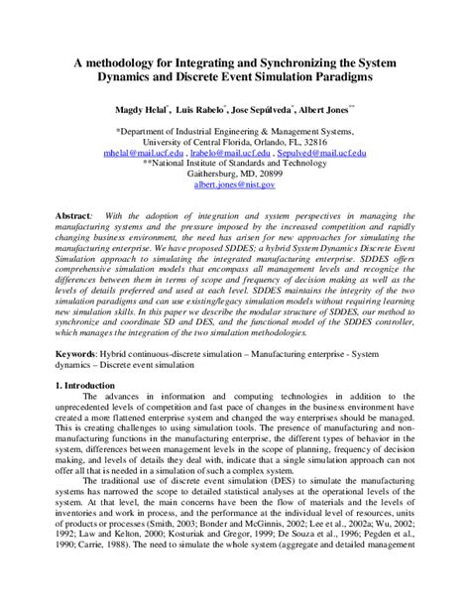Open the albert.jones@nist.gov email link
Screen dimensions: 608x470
234,184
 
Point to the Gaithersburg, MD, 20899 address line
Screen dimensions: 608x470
234,171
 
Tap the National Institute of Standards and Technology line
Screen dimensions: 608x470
234,165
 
